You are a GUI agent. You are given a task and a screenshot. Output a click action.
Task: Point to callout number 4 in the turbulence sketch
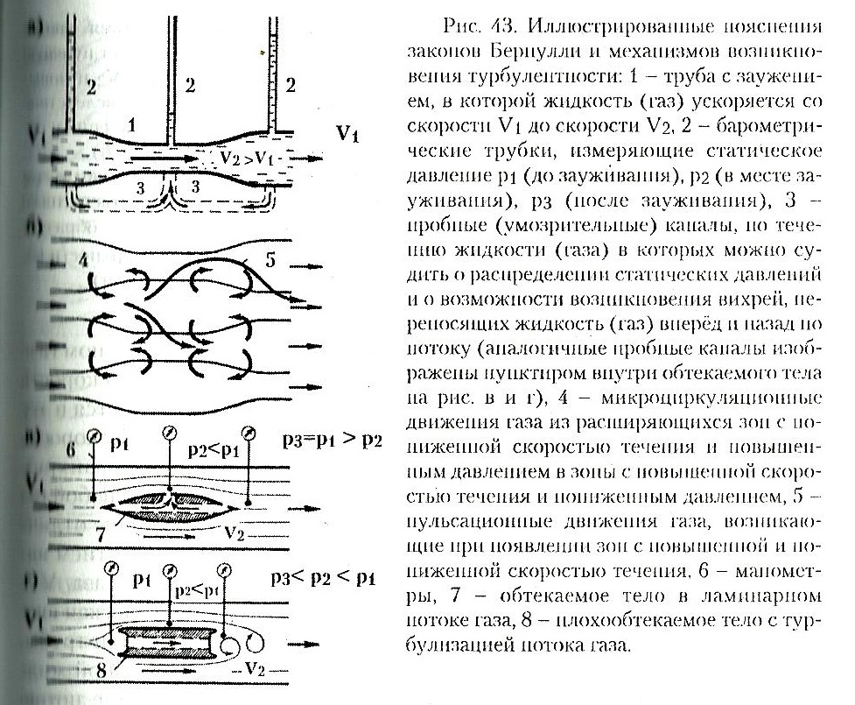point(82,260)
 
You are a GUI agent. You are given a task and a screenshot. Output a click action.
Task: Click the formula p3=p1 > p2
point(332,439)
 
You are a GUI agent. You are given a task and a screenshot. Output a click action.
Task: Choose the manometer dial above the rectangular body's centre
point(167,570)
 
